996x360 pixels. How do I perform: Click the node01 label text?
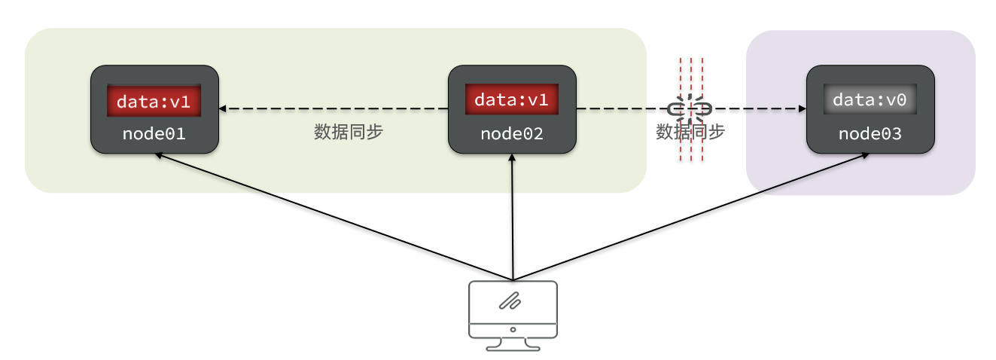pyautogui.click(x=154, y=134)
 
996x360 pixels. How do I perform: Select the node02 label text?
pyautogui.click(x=512, y=134)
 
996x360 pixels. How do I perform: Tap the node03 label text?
pyautogui.click(x=870, y=134)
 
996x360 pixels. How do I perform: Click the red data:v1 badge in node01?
pyautogui.click(x=154, y=101)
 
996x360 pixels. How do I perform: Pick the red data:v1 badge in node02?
pyautogui.click(x=512, y=99)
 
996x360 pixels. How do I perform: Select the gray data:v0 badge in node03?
pyautogui.click(x=870, y=100)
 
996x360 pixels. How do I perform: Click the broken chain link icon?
pyautogui.click(x=690, y=109)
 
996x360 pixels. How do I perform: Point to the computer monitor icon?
pyautogui.click(x=513, y=314)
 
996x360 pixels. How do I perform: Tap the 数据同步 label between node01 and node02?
pyautogui.click(x=349, y=132)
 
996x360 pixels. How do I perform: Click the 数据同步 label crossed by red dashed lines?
pyautogui.click(x=690, y=132)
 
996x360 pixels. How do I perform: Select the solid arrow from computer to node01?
pyautogui.click(x=331, y=215)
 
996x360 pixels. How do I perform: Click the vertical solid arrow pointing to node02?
pyautogui.click(x=512, y=218)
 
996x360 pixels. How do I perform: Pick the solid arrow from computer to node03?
pyautogui.click(x=693, y=215)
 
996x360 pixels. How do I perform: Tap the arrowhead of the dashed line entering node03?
pyautogui.click(x=800, y=109)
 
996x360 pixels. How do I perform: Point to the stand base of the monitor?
pyautogui.click(x=513, y=347)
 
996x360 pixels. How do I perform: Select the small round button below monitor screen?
pyautogui.click(x=513, y=329)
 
